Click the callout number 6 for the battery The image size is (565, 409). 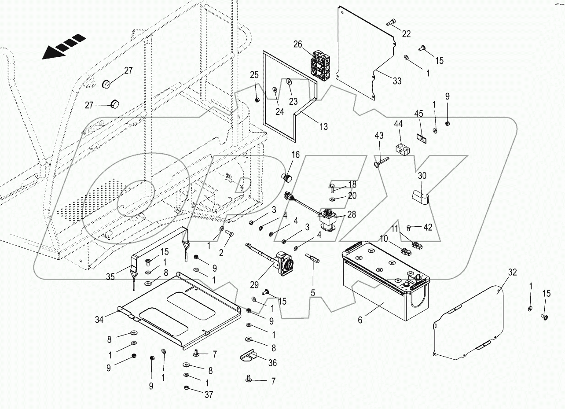coord(360,321)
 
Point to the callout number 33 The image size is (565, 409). coord(397,81)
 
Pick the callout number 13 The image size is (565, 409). coord(323,127)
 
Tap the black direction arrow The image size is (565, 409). coord(63,46)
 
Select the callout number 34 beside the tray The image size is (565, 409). coord(99,320)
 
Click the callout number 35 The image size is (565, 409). coord(110,277)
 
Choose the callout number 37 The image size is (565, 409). coord(209,395)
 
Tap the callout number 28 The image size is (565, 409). coord(352,214)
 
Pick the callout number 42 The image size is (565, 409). coord(427,228)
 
